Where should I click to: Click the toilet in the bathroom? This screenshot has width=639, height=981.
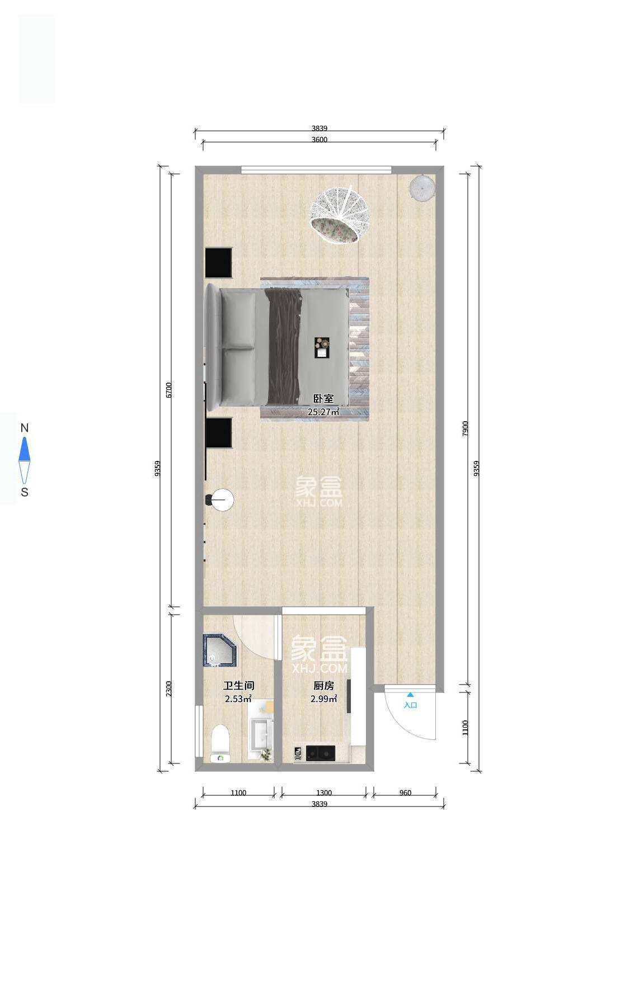tap(220, 742)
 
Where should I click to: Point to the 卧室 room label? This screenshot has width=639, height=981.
tap(323, 399)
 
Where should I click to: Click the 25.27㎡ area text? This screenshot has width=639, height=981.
tap(323, 412)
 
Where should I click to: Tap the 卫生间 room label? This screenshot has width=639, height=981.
tap(238, 686)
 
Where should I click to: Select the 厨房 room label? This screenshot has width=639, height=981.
tap(323, 686)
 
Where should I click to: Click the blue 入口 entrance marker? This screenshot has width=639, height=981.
tap(410, 702)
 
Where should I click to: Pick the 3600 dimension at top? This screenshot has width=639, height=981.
tap(319, 140)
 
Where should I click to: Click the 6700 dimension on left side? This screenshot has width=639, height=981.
tap(169, 390)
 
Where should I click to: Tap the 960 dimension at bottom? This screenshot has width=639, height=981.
tap(405, 793)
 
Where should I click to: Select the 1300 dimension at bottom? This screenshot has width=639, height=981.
tap(324, 793)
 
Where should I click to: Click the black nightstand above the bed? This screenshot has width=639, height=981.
tap(218, 262)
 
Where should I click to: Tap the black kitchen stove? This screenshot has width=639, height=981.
tap(320, 753)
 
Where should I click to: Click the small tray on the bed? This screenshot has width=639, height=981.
tap(321, 347)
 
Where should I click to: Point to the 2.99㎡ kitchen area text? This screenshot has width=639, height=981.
tap(323, 699)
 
